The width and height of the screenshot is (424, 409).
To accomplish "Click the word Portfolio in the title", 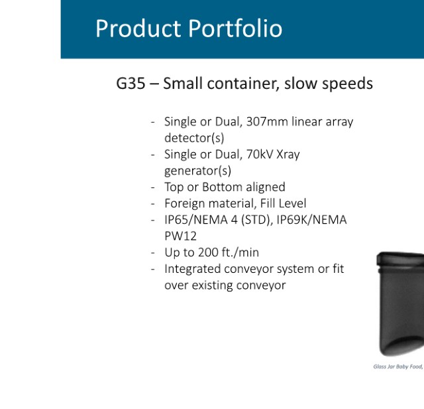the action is (235, 29).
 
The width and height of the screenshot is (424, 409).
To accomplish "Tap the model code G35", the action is (131, 83).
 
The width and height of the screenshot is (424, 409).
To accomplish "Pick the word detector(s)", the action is (194, 138).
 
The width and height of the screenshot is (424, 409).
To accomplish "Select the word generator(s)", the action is (197, 171).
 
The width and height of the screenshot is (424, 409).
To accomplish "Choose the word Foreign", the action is (184, 204).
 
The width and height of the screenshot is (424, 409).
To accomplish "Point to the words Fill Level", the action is (283, 204).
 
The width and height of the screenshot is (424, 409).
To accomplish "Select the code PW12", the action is (180, 236).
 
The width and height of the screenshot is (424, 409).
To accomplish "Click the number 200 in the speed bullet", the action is (208, 252).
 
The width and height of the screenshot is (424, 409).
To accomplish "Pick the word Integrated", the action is (193, 269).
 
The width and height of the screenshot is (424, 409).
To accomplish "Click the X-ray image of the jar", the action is (400, 304).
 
